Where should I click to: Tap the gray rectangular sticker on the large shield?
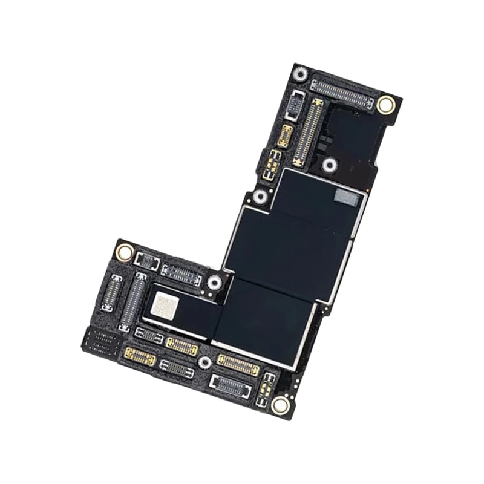click(350, 195)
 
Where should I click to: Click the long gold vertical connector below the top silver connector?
click(307, 132)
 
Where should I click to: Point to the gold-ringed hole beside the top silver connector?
click(385, 105)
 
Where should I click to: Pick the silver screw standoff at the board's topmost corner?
click(299, 75)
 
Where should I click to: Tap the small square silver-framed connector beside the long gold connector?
click(295, 105)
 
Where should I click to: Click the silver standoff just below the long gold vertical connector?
click(329, 165)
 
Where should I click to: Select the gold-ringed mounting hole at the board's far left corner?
click(124, 251)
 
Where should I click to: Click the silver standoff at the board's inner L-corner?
click(214, 282)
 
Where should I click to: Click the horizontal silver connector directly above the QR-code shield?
click(180, 274)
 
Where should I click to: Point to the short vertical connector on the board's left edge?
click(112, 292)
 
